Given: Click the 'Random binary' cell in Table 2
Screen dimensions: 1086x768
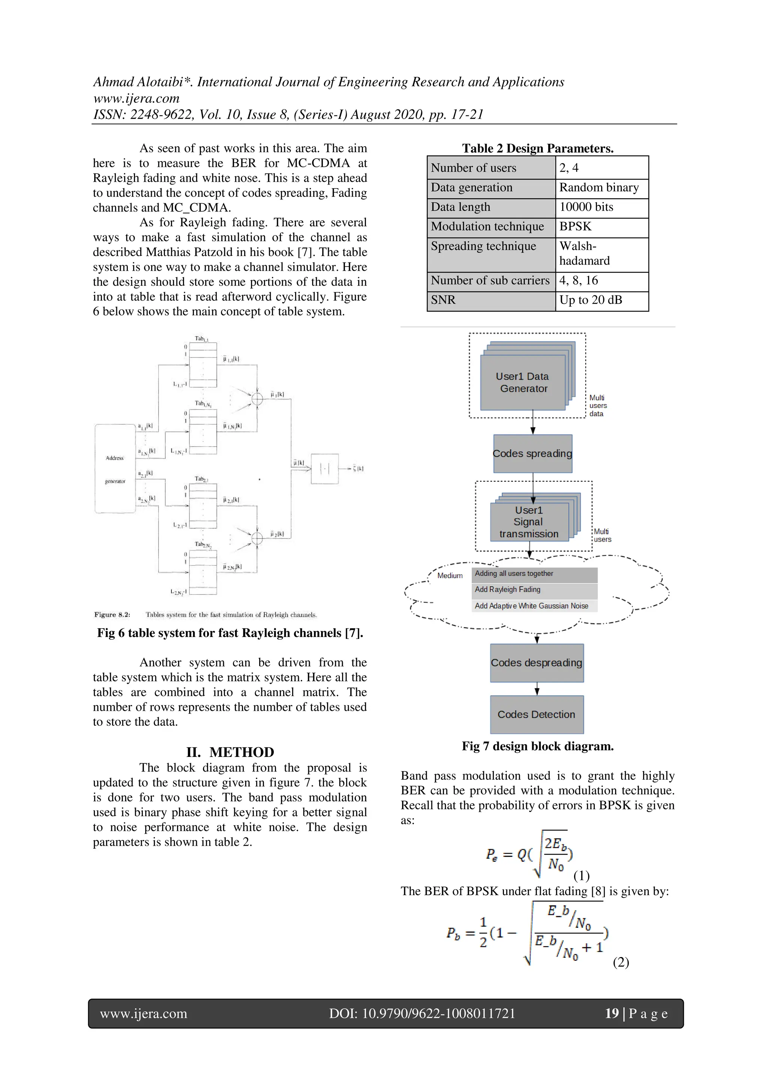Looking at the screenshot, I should (x=598, y=187).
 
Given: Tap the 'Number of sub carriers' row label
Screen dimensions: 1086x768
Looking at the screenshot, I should (x=490, y=280).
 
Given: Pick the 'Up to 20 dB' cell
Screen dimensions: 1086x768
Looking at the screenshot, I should (x=590, y=300).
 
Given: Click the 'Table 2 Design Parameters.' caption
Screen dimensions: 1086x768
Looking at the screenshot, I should (x=537, y=148).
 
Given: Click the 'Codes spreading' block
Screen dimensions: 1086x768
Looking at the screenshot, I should (x=532, y=454).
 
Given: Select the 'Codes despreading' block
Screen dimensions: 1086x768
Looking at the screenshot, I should (x=536, y=663).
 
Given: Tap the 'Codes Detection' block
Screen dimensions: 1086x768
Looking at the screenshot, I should (x=536, y=714).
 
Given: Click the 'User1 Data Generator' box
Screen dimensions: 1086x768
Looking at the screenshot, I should (x=522, y=382).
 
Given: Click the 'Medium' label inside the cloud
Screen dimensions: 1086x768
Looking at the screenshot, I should (x=450, y=576).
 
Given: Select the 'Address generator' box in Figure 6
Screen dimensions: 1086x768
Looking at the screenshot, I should (x=115, y=469).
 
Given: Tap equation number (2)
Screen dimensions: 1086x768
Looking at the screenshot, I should (x=620, y=962).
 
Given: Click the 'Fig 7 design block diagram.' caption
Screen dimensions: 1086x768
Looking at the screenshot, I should (x=537, y=746).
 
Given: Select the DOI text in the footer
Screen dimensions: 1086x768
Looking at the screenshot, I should (x=421, y=1014).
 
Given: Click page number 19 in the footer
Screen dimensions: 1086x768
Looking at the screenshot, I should (x=611, y=1013).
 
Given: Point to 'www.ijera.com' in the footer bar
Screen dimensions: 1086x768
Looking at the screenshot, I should (x=143, y=1014).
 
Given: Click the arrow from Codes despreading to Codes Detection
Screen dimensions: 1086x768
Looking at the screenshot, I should (x=537, y=689).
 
